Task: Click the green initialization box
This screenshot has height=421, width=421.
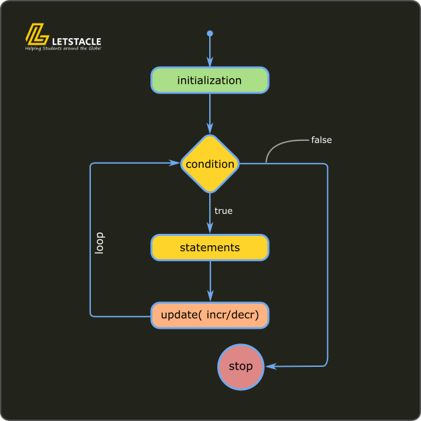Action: coord(210,80)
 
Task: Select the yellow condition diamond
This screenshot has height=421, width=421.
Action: coord(210,164)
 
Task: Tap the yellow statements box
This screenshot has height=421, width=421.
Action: coord(210,247)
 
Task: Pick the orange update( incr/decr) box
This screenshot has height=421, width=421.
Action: coord(210,315)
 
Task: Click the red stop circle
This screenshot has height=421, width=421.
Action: coord(241,367)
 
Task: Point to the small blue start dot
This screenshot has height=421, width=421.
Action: coord(210,33)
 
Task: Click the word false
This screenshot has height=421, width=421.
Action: coord(321,140)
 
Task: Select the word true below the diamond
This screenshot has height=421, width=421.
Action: coord(223,211)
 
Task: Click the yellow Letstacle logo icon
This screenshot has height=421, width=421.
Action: coord(36,35)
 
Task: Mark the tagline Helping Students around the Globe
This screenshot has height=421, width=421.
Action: coord(63,49)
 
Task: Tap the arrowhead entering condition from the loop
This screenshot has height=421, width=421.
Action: coord(176,163)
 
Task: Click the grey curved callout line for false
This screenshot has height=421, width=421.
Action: coord(281,146)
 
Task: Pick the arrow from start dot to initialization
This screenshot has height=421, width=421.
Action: coord(210,50)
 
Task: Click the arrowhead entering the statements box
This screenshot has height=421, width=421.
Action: coord(210,229)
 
